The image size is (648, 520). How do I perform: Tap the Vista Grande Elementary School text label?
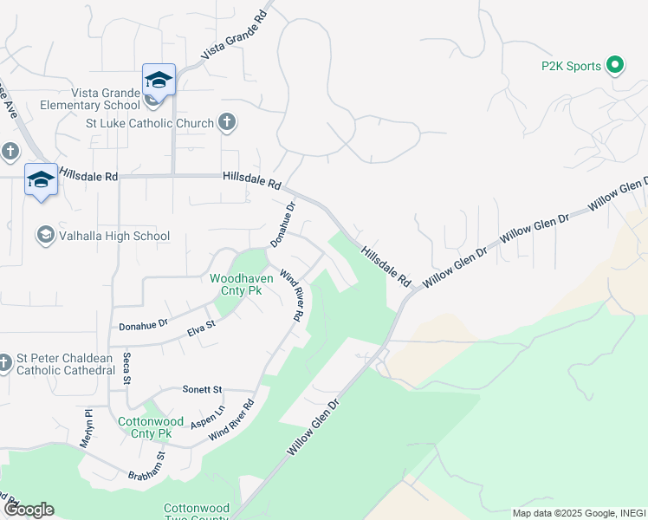pos(89,101)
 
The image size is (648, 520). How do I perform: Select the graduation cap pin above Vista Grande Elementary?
pos(159,80)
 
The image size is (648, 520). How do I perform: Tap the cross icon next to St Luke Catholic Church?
pos(227,122)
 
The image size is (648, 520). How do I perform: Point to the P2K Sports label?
pos(571,66)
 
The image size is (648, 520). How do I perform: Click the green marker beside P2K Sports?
pos(615,65)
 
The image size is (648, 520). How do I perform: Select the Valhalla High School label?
pos(113,236)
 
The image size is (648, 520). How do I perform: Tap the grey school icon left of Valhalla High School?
pos(45,235)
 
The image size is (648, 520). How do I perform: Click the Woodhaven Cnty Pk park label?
pos(242,284)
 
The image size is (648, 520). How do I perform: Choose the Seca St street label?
pos(126,367)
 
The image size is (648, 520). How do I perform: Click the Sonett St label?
pos(202,390)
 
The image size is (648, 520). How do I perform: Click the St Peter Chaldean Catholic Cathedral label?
pos(65,365)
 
